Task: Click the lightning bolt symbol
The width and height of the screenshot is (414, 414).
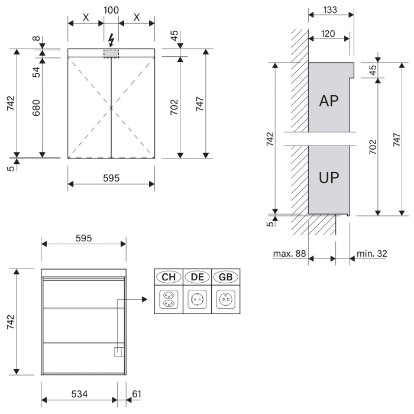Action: (111, 40)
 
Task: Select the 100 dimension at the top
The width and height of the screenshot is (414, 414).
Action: (111, 11)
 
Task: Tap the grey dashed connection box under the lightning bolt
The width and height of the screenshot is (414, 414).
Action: (111, 53)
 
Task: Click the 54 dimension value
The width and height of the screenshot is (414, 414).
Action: (37, 72)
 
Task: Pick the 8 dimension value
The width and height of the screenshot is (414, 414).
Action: (37, 40)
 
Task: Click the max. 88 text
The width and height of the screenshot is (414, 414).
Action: (289, 254)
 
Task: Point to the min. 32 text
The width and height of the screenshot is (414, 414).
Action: (372, 254)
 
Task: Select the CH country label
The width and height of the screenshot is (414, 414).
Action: (168, 277)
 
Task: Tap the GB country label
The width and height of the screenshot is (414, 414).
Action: (226, 277)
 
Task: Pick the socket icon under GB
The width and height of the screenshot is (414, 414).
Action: (226, 299)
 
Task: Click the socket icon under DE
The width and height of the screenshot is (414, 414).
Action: (197, 299)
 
